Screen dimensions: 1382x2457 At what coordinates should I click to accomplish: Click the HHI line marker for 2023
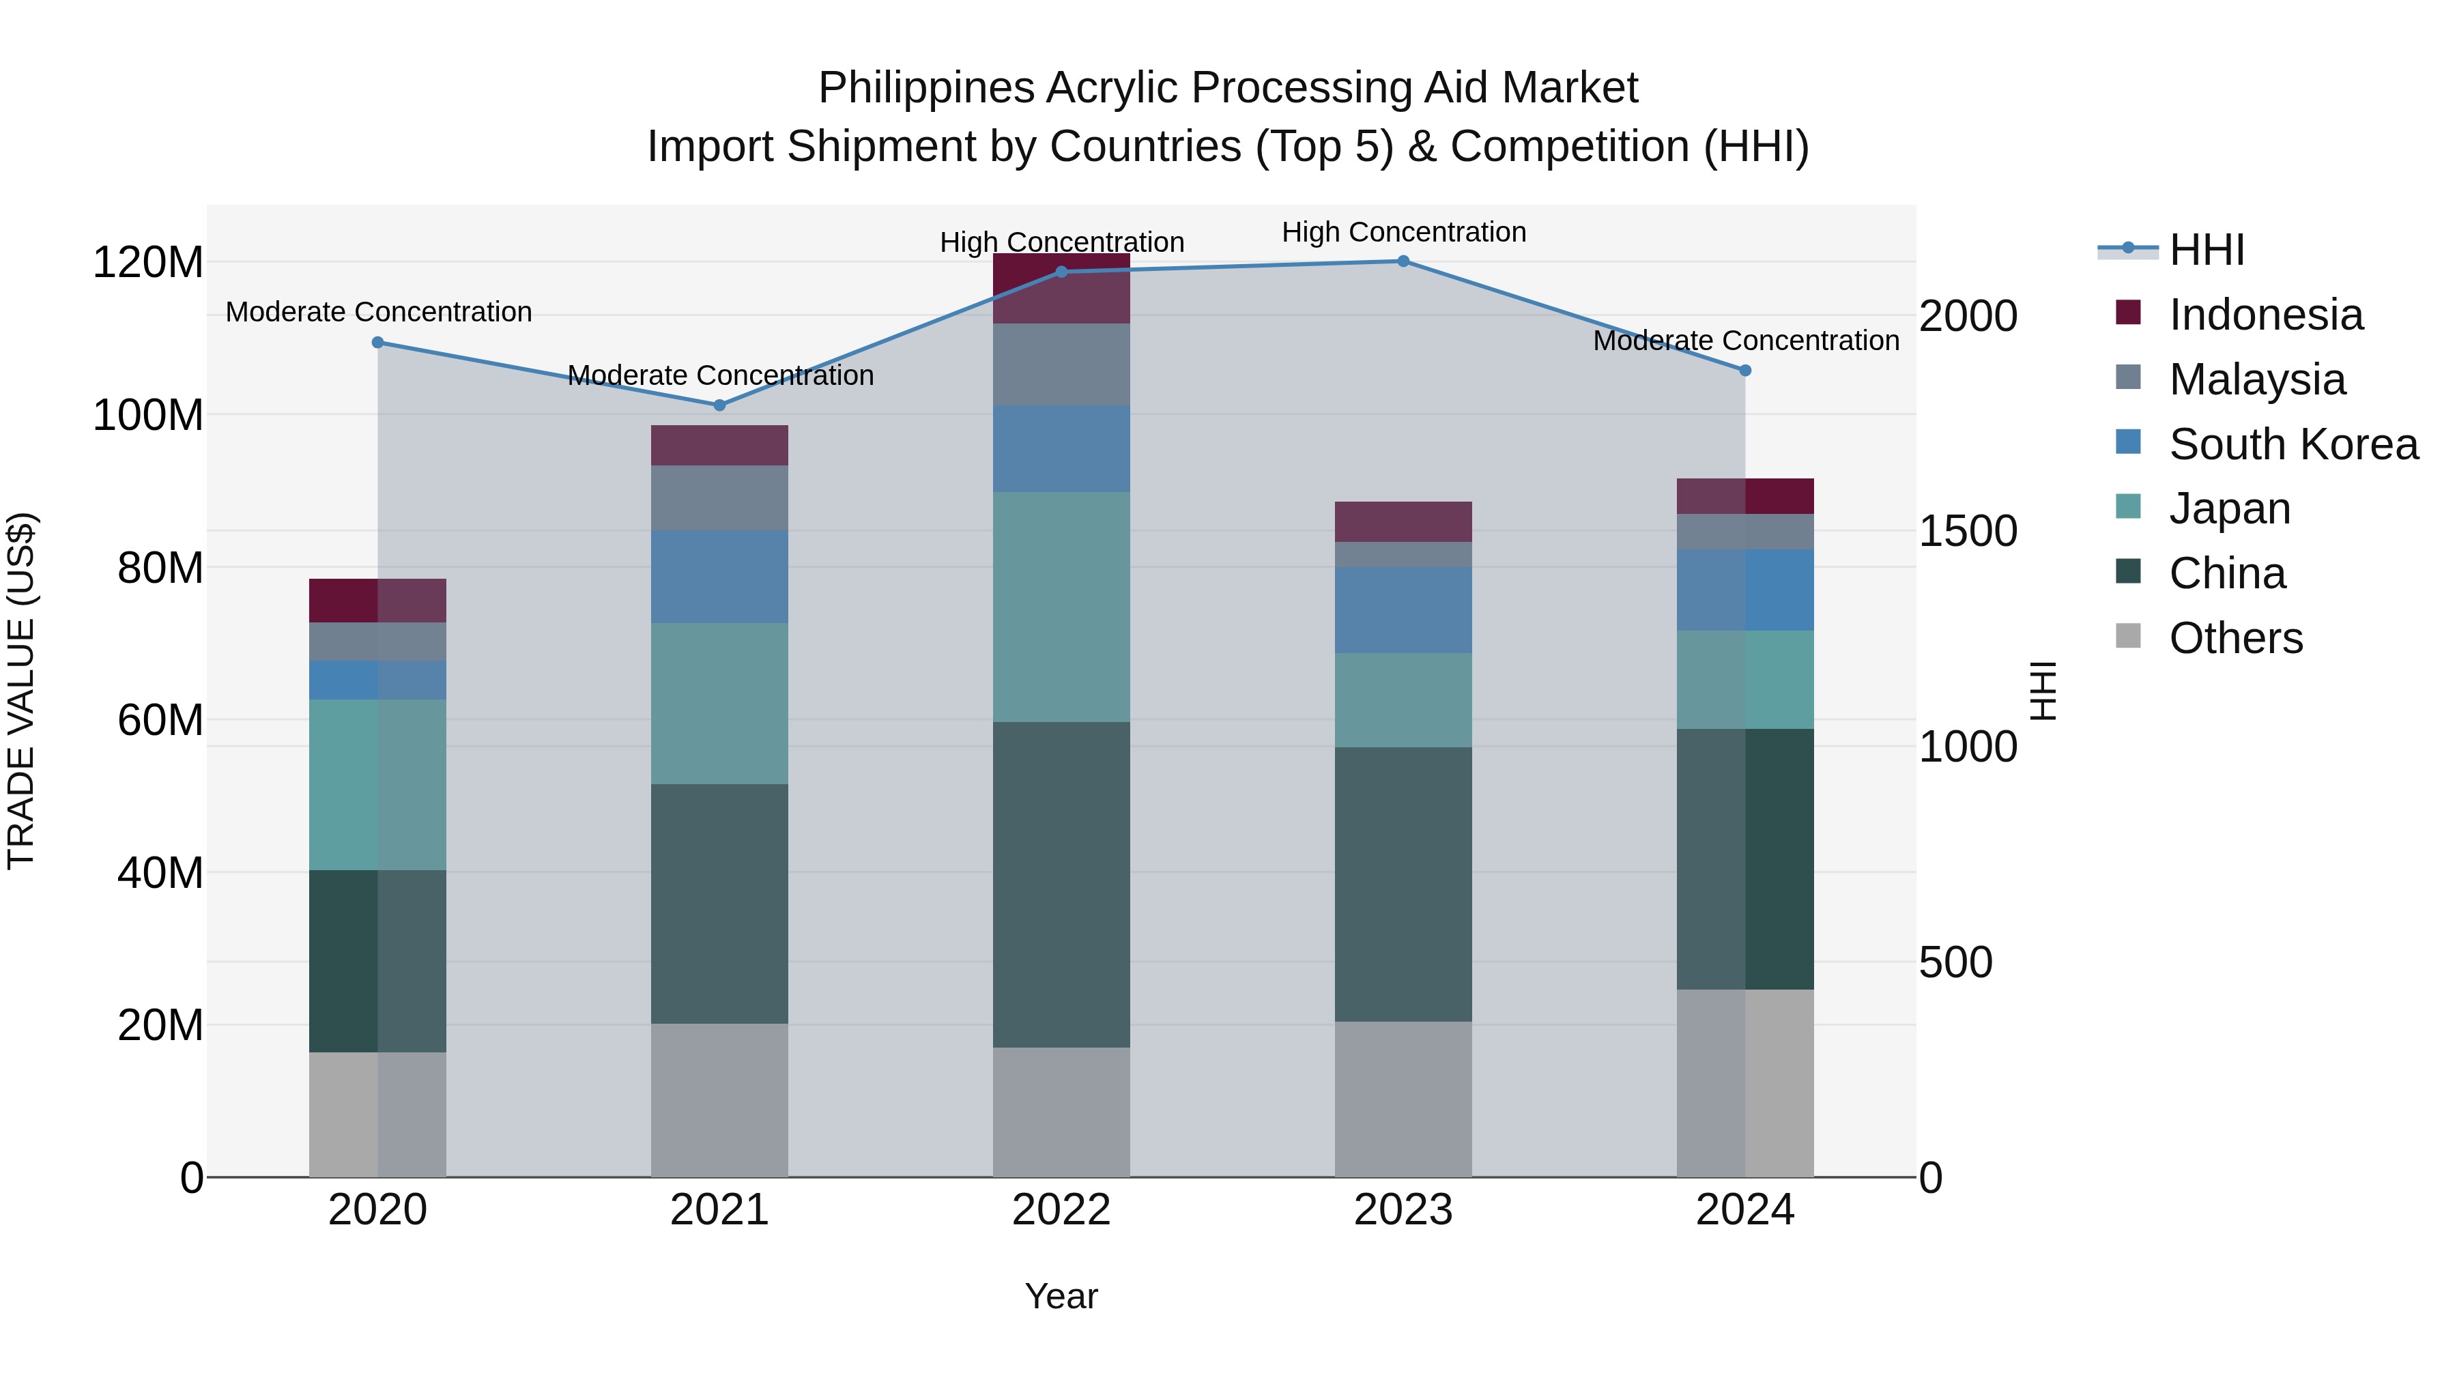pos(1403,261)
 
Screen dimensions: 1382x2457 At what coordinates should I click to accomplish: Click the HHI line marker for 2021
pos(720,405)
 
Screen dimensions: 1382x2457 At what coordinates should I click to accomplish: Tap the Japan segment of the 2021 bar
pos(720,704)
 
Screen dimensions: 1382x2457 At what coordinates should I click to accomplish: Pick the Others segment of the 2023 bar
pos(1403,1099)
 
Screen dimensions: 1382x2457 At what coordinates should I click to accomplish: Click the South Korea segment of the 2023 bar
pos(1403,610)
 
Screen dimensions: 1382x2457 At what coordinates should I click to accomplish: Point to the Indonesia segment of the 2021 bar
pos(720,446)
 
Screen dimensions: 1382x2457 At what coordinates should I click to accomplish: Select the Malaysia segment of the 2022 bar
pos(1061,364)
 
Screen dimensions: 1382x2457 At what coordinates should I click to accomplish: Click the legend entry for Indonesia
pos(2265,315)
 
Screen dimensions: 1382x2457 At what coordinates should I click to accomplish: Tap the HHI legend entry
pos(2205,250)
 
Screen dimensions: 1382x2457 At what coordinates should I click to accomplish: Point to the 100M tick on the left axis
pos(148,416)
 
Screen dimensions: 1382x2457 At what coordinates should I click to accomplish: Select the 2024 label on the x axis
pos(1744,1210)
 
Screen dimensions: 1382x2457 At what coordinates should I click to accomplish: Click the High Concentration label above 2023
pos(1403,232)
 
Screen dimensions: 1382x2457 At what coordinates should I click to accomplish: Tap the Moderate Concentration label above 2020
pos(379,312)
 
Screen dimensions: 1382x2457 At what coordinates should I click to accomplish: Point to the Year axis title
pos(1061,1296)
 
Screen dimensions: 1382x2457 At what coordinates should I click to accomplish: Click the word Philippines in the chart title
pos(925,89)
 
